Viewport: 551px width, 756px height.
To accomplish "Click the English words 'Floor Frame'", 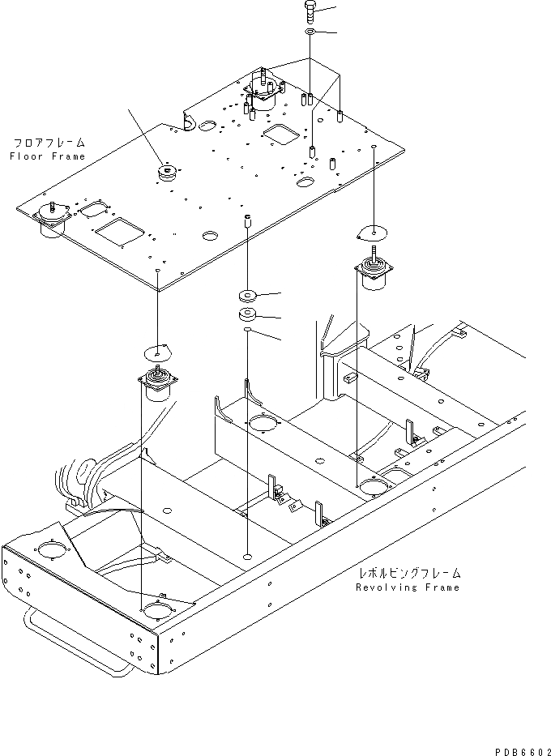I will tap(47, 156).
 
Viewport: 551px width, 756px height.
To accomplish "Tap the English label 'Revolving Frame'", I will tap(408, 587).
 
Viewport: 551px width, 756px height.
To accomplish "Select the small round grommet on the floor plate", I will tap(168, 172).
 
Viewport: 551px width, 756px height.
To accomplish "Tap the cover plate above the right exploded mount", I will tap(374, 232).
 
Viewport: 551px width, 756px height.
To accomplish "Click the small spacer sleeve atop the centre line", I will tap(248, 220).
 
